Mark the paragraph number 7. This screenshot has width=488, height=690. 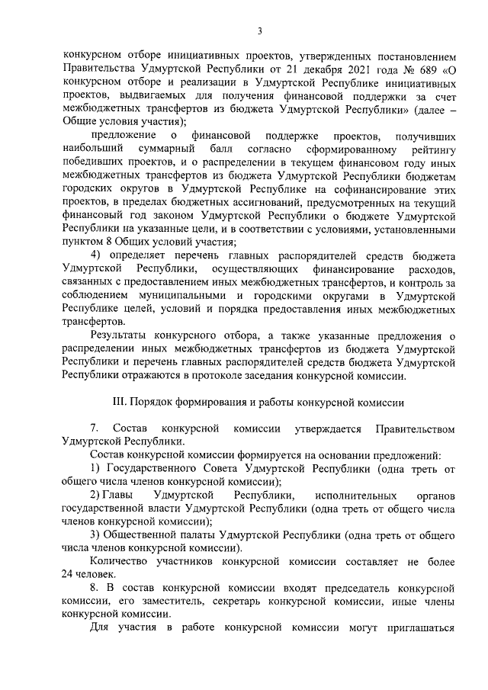coord(95,428)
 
